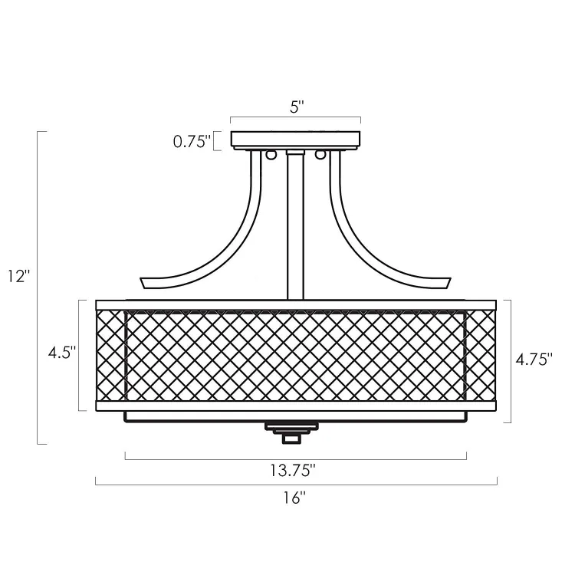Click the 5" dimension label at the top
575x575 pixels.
coord(297,107)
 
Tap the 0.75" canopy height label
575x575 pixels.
coord(192,141)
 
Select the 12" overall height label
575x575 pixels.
coord(18,276)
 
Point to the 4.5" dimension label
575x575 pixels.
coord(62,353)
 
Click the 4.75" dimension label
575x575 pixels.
coord(534,360)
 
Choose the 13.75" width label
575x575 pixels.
coord(293,470)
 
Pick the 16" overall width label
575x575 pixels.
coord(294,498)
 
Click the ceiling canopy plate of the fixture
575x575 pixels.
coord(296,140)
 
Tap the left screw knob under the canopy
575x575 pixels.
coord(271,155)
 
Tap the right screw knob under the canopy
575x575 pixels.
coord(320,155)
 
